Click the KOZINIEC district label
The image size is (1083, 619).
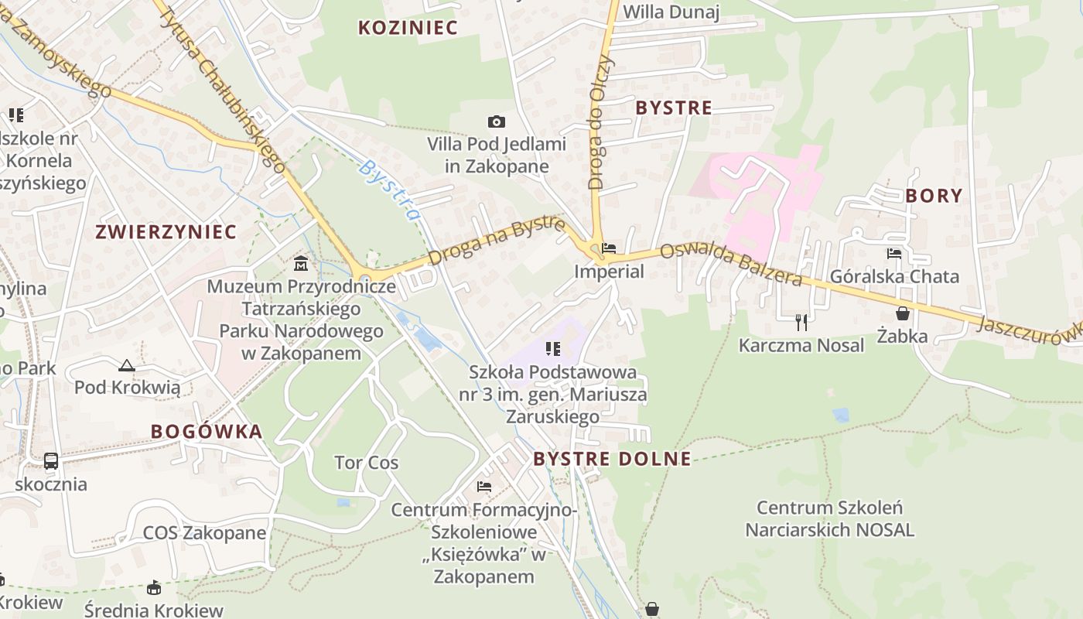click(x=408, y=28)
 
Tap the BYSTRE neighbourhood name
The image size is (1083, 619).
click(x=673, y=108)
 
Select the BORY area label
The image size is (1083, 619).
click(x=934, y=196)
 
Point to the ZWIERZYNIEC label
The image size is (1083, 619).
click(x=166, y=231)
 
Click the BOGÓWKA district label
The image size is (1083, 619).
click(x=207, y=432)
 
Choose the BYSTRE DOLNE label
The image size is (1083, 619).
click(x=612, y=459)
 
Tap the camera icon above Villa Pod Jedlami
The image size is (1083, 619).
click(x=497, y=121)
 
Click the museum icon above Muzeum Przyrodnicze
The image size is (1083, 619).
click(x=301, y=264)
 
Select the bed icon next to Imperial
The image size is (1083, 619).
click(x=609, y=248)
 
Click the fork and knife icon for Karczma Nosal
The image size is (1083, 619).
click(x=801, y=322)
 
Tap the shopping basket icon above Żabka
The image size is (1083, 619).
click(x=902, y=313)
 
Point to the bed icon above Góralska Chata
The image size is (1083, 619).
click(x=894, y=253)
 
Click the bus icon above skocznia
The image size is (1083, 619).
click(x=51, y=461)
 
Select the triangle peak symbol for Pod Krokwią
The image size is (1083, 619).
click(x=127, y=365)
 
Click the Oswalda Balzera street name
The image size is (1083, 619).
click(x=730, y=265)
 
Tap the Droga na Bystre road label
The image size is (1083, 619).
click(x=496, y=241)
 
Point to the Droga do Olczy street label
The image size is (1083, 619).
click(x=600, y=122)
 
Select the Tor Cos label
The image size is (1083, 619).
click(x=366, y=463)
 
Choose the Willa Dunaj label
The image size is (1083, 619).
click(x=671, y=12)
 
